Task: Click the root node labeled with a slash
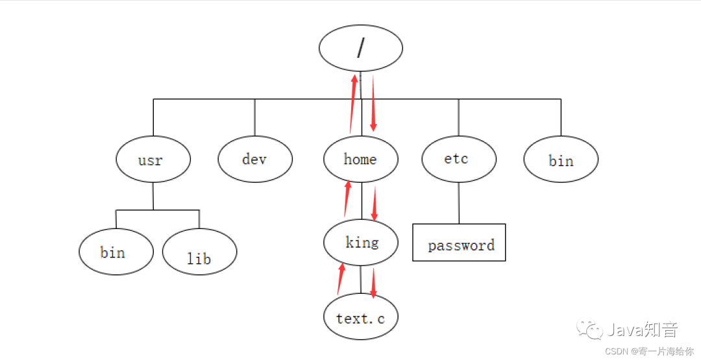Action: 361,48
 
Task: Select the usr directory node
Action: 153,160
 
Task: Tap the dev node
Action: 255,159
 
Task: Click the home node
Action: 361,160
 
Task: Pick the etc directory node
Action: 459,159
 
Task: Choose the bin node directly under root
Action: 561,160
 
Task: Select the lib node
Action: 199,252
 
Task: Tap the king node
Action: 361,243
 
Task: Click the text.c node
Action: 361,318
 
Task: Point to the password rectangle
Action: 459,243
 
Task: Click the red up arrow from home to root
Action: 352,104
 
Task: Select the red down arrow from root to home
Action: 373,102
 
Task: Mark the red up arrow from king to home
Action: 347,199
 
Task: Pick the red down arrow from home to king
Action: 374,202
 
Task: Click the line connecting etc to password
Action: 459,204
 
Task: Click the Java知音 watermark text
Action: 643,330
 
